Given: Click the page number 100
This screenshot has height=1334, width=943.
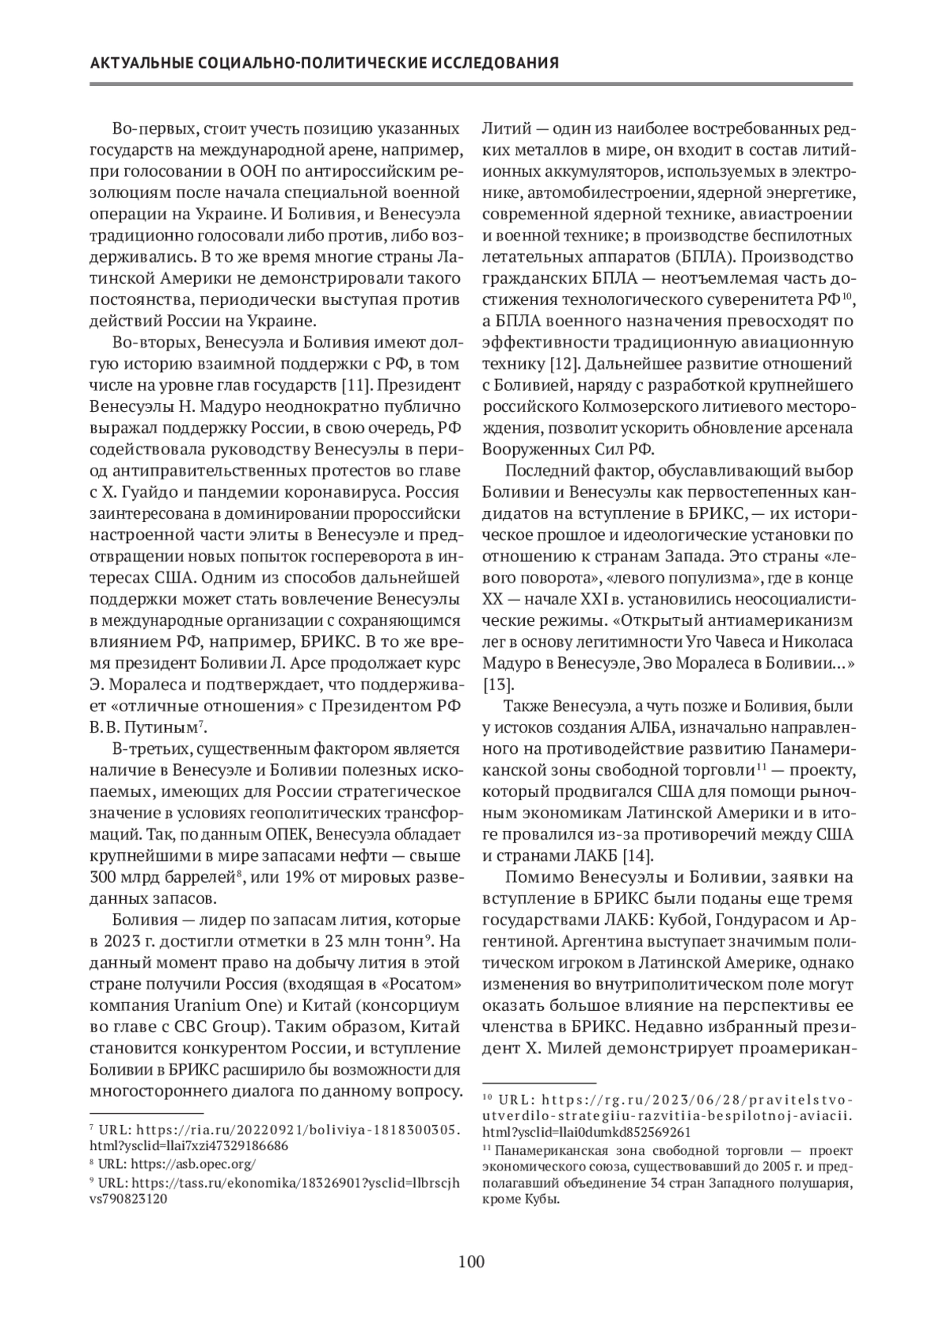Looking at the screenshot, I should pos(471,1262).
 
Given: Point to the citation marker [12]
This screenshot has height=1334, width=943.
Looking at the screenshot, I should pos(566,364).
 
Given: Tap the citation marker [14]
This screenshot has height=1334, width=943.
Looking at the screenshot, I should pos(638,855).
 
